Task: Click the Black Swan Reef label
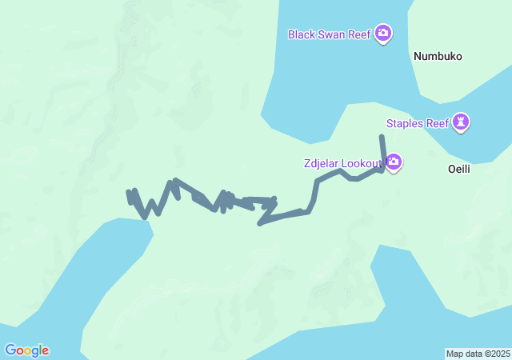coord(330,34)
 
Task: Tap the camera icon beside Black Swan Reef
coord(383,34)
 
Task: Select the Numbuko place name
coord(438,57)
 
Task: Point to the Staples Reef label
coord(417,123)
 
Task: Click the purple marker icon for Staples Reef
coord(461,122)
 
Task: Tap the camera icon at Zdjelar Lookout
coord(394,162)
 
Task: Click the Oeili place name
coord(459,170)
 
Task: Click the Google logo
coord(26,350)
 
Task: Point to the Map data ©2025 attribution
coord(478,354)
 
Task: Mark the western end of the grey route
coord(129,193)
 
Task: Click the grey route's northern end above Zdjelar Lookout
coord(382,138)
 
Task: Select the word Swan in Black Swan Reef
coord(331,34)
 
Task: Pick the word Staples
coord(404,123)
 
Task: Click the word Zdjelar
coord(322,164)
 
